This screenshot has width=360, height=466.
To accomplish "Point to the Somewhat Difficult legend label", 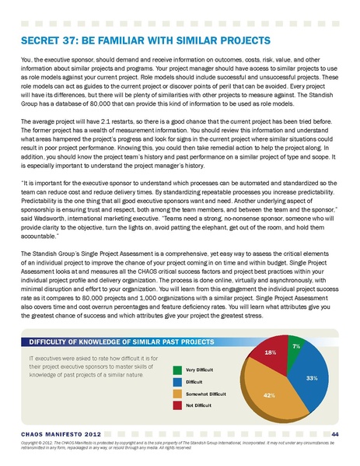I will pyautogui.click(x=204, y=394).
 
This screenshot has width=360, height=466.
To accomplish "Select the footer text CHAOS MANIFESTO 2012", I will pyautogui.click(x=55, y=433).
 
